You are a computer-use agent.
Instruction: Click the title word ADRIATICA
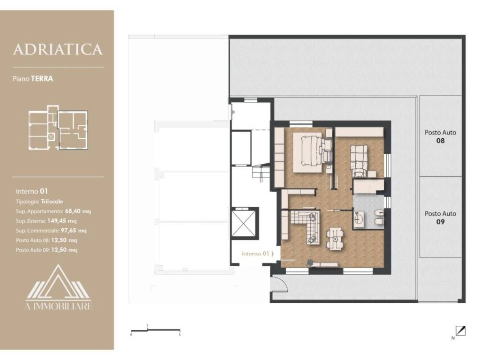coord(58,50)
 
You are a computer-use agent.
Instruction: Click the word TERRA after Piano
coord(42,79)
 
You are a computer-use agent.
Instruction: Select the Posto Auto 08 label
coord(440,136)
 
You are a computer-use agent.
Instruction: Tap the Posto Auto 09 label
coord(440,217)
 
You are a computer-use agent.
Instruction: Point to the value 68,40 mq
coord(78,211)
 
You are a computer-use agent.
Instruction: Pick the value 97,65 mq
coord(74,231)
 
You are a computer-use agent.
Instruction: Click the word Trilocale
coord(52,202)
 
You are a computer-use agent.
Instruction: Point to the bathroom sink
coord(359,218)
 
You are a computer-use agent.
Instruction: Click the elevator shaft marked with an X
coord(243,223)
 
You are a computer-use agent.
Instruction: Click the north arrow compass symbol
coord(460,331)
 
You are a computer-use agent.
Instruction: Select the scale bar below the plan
coord(156,330)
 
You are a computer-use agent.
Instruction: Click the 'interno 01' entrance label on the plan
coord(255,254)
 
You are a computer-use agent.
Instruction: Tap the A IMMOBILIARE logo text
coord(59,306)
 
